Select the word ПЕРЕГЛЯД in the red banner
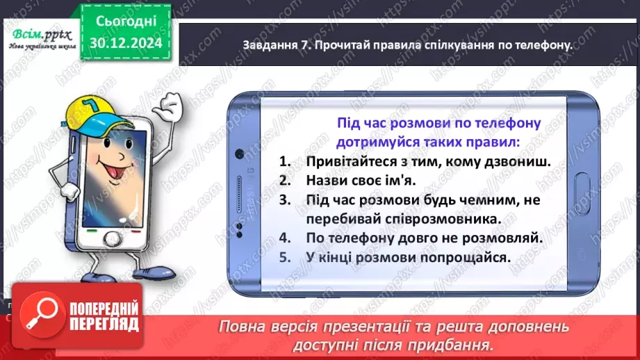(x=104, y=324)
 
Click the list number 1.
(x=284, y=162)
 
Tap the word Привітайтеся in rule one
(x=347, y=162)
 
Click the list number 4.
(x=284, y=238)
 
